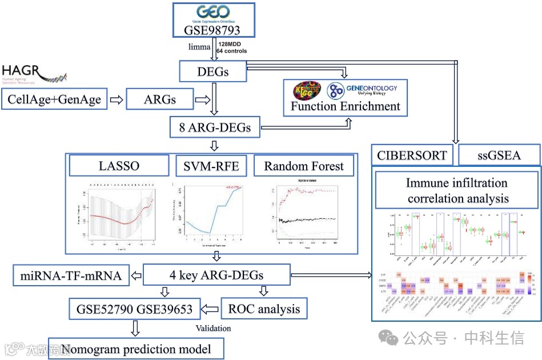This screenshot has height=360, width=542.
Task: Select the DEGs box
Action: click(212, 71)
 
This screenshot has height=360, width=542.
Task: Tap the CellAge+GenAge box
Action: click(54, 99)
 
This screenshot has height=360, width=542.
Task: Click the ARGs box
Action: click(159, 99)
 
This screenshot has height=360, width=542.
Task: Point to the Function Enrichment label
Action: click(346, 106)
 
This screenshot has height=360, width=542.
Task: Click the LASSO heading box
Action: click(119, 166)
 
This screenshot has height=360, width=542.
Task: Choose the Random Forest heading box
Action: click(304, 166)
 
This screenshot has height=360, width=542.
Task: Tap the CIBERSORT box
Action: click(412, 155)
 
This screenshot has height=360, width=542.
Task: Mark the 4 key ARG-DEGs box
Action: click(216, 275)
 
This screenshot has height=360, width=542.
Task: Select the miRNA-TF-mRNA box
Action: click(71, 275)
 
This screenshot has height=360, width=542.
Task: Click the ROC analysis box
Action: click(264, 309)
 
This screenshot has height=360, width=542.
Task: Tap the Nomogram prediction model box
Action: click(135, 348)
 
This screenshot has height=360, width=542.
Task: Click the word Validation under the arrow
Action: click(212, 328)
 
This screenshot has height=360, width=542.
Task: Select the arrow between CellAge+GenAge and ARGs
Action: click(116, 99)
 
